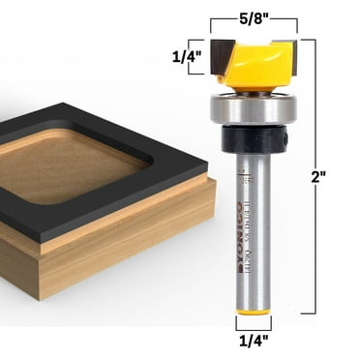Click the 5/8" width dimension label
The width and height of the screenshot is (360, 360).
[x=253, y=15]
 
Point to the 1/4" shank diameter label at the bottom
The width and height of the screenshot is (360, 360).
[x=253, y=341]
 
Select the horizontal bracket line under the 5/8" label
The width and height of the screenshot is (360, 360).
[x=253, y=32]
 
